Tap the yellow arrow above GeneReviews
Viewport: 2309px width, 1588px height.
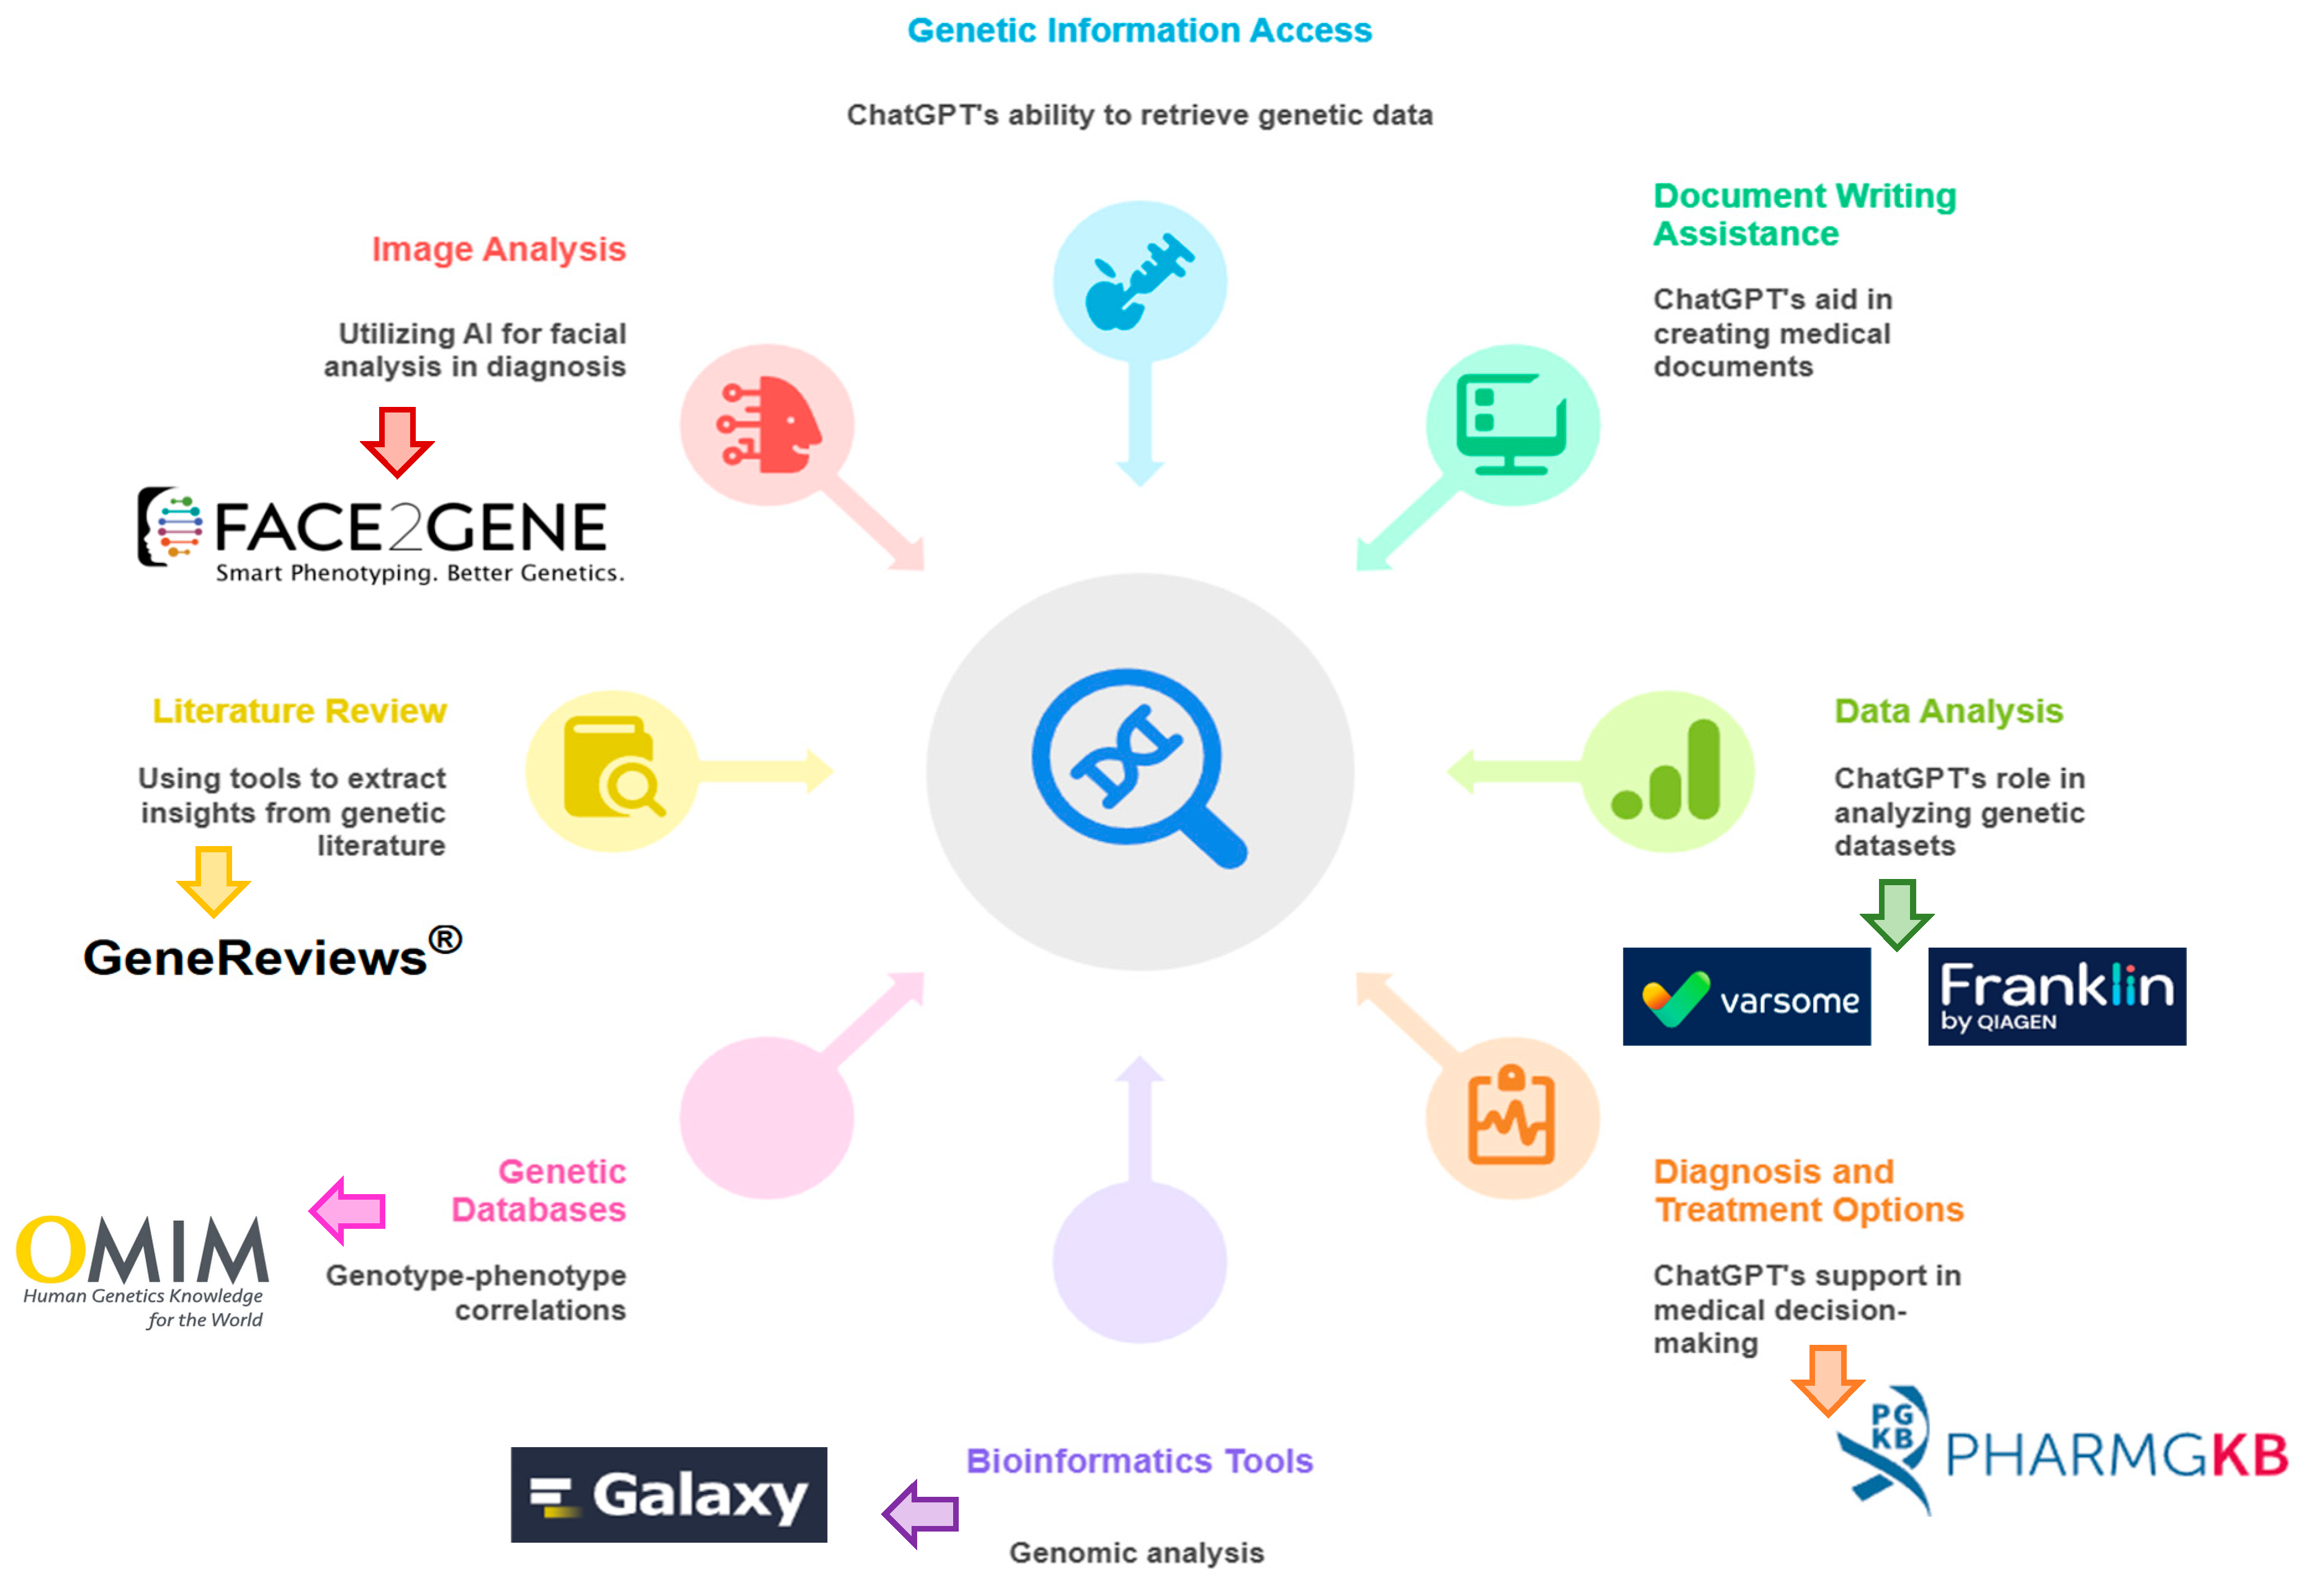point(213,880)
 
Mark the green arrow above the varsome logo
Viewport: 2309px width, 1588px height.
point(1896,912)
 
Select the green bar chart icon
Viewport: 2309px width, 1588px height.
point(1667,771)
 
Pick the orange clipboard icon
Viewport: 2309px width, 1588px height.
point(1511,1117)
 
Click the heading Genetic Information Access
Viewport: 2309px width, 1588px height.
point(1139,31)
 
